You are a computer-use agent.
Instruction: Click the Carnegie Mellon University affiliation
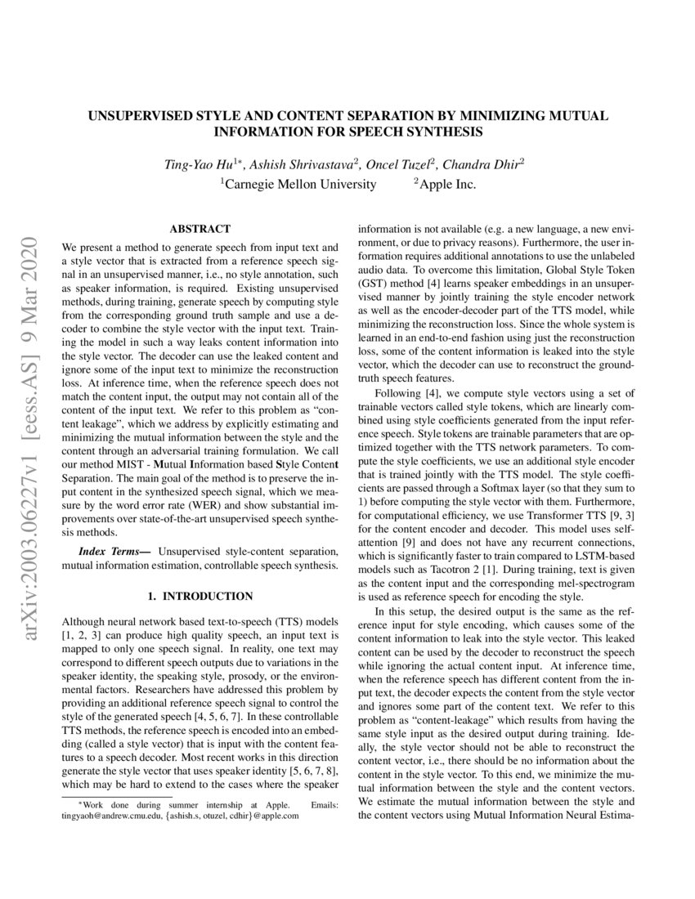(301, 185)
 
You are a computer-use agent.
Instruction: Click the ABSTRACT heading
(200, 229)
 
